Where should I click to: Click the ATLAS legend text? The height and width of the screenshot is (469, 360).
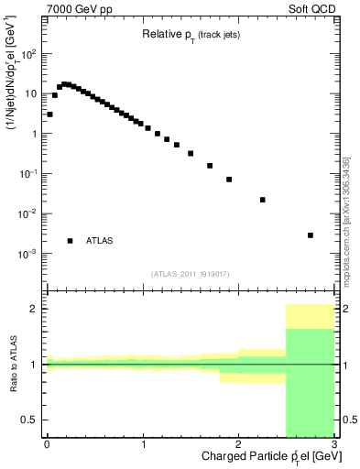pyautogui.click(x=100, y=241)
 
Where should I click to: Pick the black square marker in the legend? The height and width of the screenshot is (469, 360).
pyautogui.click(x=71, y=241)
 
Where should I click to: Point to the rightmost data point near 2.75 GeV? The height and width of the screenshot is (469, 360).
pyautogui.click(x=311, y=235)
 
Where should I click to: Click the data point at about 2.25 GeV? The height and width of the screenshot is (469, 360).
pyautogui.click(x=263, y=200)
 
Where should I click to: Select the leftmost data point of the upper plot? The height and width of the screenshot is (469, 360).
pyautogui.click(x=49, y=115)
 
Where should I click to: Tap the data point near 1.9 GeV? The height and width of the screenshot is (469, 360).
pyautogui.click(x=229, y=180)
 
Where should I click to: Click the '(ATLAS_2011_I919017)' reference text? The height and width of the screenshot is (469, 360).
pyautogui.click(x=190, y=273)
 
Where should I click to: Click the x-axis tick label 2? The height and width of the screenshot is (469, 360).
pyautogui.click(x=238, y=445)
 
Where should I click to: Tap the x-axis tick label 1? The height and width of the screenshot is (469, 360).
pyautogui.click(x=143, y=445)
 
